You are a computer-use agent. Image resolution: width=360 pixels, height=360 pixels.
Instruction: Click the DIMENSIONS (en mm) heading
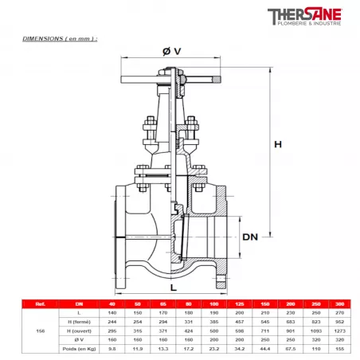click(x=60, y=38)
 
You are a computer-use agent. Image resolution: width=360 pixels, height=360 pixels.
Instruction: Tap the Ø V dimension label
click(x=171, y=52)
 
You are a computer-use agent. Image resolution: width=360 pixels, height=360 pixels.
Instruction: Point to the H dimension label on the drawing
click(x=278, y=144)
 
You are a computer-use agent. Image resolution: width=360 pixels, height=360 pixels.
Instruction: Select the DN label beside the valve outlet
click(x=250, y=237)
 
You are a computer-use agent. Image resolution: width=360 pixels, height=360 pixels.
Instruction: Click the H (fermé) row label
click(x=78, y=320)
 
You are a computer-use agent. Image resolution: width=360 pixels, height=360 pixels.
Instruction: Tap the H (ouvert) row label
click(x=78, y=329)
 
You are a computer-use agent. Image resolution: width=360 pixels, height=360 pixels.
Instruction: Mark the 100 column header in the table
click(x=213, y=304)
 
